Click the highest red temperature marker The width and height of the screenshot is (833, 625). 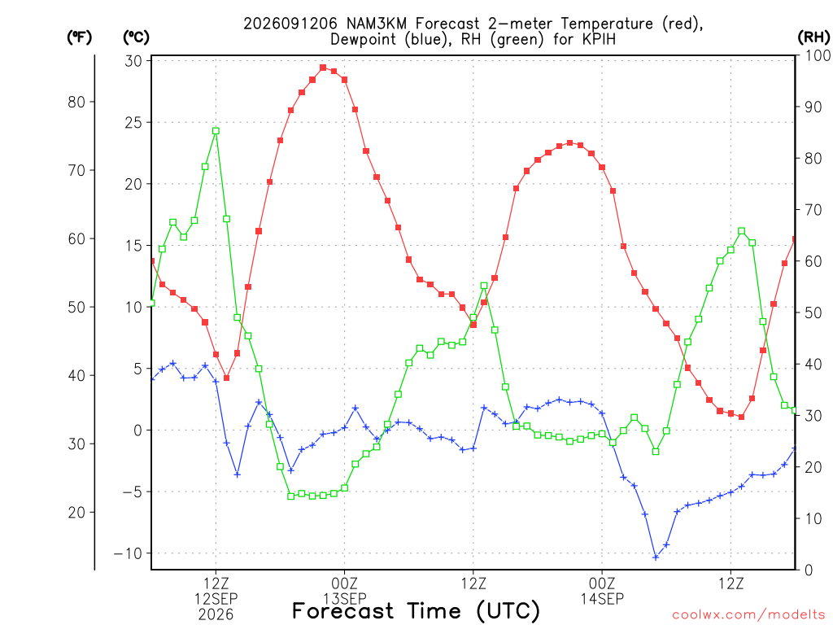tap(323, 68)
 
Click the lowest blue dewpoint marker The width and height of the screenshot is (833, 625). tap(656, 557)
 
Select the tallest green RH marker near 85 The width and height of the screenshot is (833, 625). tap(216, 131)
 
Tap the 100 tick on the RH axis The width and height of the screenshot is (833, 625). tap(818, 55)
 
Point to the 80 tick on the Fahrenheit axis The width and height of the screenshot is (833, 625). tap(76, 102)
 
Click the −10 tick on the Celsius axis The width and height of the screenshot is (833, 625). tap(128, 553)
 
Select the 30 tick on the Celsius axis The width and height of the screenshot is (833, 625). tap(134, 61)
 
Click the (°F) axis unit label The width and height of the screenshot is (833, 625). tap(79, 37)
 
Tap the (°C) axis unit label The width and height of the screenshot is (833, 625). tap(136, 37)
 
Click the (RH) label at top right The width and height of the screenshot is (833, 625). tap(813, 37)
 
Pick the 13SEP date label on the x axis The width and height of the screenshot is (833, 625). tap(345, 599)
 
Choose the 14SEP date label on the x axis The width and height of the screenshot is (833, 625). tap(602, 599)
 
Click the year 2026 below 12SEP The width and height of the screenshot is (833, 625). tap(216, 614)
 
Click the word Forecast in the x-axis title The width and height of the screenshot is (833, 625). tap(342, 610)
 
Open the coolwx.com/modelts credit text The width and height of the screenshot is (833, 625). tap(748, 614)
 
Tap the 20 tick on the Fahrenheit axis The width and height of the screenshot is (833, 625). tap(76, 513)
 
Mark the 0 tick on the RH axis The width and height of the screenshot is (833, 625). tap(809, 570)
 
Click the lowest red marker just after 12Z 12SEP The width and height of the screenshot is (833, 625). tap(226, 378)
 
